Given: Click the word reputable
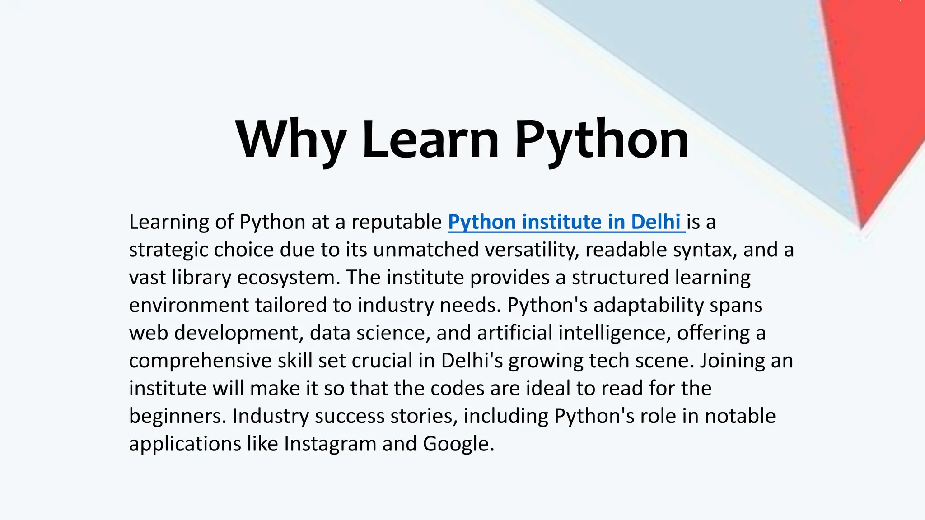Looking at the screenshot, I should (x=397, y=222).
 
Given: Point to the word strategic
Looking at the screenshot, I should (x=168, y=250).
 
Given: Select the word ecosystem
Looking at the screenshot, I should (x=288, y=278).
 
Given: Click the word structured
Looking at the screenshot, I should (x=620, y=278).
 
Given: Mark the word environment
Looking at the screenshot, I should (x=188, y=306).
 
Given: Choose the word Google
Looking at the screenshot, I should (x=458, y=444).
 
